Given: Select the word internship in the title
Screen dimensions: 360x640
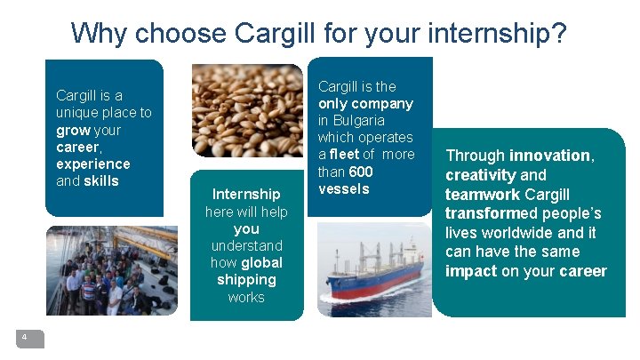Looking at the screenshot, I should pyautogui.click(x=487, y=33).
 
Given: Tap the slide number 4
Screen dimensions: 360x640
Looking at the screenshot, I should pyautogui.click(x=25, y=337).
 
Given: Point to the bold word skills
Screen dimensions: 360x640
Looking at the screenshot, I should pyautogui.click(x=102, y=181).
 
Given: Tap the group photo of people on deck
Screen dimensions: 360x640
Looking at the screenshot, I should pyautogui.click(x=111, y=270).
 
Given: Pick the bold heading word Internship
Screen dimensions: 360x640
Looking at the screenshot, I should pyautogui.click(x=246, y=194).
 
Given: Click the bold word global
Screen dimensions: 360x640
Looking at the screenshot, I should pyautogui.click(x=261, y=262).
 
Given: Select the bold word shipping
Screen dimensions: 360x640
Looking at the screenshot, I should pyautogui.click(x=246, y=279).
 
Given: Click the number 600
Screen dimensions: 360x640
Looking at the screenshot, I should pyautogui.click(x=361, y=172).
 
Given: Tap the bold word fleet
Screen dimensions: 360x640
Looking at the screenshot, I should pyautogui.click(x=344, y=155).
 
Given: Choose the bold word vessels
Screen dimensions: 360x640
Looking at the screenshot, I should pyautogui.click(x=344, y=188).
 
